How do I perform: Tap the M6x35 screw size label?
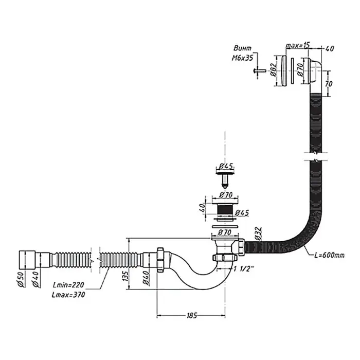(243, 59)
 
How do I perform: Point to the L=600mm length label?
(330, 255)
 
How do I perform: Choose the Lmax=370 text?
(68, 295)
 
